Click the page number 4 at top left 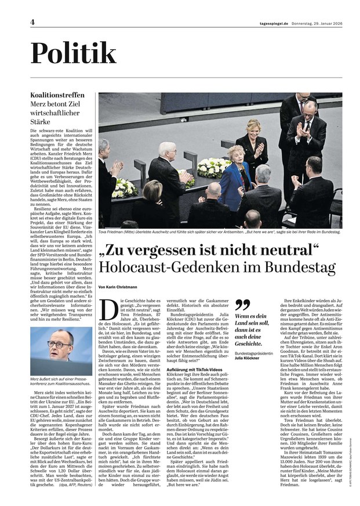coord(33,21)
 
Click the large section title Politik coord(74,53)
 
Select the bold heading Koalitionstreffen coord(57,95)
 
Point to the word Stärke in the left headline coord(42,122)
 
